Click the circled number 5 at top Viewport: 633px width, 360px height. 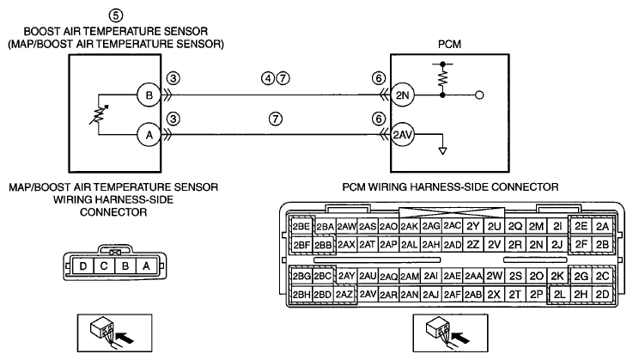(115, 15)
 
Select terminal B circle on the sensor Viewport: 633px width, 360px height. (149, 95)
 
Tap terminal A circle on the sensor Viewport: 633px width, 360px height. (149, 135)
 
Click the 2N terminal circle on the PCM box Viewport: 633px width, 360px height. (403, 95)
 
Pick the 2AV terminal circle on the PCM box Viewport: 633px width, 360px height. (403, 135)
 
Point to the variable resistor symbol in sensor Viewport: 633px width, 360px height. (99, 115)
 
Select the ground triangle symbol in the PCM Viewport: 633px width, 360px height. (443, 151)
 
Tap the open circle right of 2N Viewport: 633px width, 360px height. (479, 95)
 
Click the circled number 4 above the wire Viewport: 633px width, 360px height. (268, 78)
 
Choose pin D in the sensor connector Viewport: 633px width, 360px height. (83, 265)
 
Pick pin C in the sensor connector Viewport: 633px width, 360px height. (104, 265)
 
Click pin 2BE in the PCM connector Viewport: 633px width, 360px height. (301, 226)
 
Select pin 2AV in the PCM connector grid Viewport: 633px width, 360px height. (368, 294)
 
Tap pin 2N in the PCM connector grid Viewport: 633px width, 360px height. (536, 245)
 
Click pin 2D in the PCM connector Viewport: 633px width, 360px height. (602, 294)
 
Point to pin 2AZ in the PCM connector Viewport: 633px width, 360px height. (344, 294)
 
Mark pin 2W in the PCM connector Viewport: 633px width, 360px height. (494, 276)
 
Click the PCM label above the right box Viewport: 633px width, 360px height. (449, 44)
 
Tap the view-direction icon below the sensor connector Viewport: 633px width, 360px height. (114, 333)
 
